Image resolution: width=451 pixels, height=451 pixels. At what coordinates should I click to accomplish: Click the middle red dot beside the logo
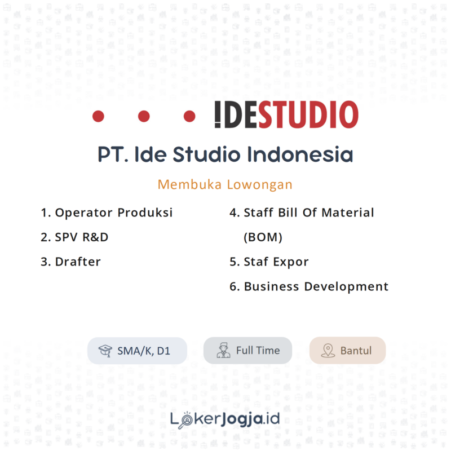click(144, 116)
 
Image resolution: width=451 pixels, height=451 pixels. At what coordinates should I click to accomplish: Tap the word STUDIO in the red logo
click(308, 116)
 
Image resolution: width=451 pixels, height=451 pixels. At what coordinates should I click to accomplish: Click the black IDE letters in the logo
click(236, 116)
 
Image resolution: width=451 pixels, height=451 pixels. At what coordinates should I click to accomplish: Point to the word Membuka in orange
click(189, 184)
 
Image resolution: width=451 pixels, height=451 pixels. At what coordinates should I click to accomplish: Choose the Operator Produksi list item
click(107, 213)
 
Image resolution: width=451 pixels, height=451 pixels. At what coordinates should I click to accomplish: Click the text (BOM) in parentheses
click(263, 237)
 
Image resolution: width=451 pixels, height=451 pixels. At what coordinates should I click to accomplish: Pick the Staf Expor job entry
click(269, 262)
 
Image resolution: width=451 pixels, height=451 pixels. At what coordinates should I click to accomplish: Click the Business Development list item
click(309, 286)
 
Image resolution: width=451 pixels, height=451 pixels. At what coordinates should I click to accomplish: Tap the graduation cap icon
click(105, 351)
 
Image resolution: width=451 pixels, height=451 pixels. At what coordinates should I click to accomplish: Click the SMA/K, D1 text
click(144, 351)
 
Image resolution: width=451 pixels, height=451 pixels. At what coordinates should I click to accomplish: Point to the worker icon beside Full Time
click(224, 350)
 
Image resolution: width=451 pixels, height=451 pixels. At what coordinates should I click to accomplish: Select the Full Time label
click(258, 350)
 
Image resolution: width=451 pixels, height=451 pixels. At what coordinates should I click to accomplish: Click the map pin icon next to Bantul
click(328, 351)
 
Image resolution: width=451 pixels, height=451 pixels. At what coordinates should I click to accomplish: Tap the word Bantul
click(356, 351)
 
